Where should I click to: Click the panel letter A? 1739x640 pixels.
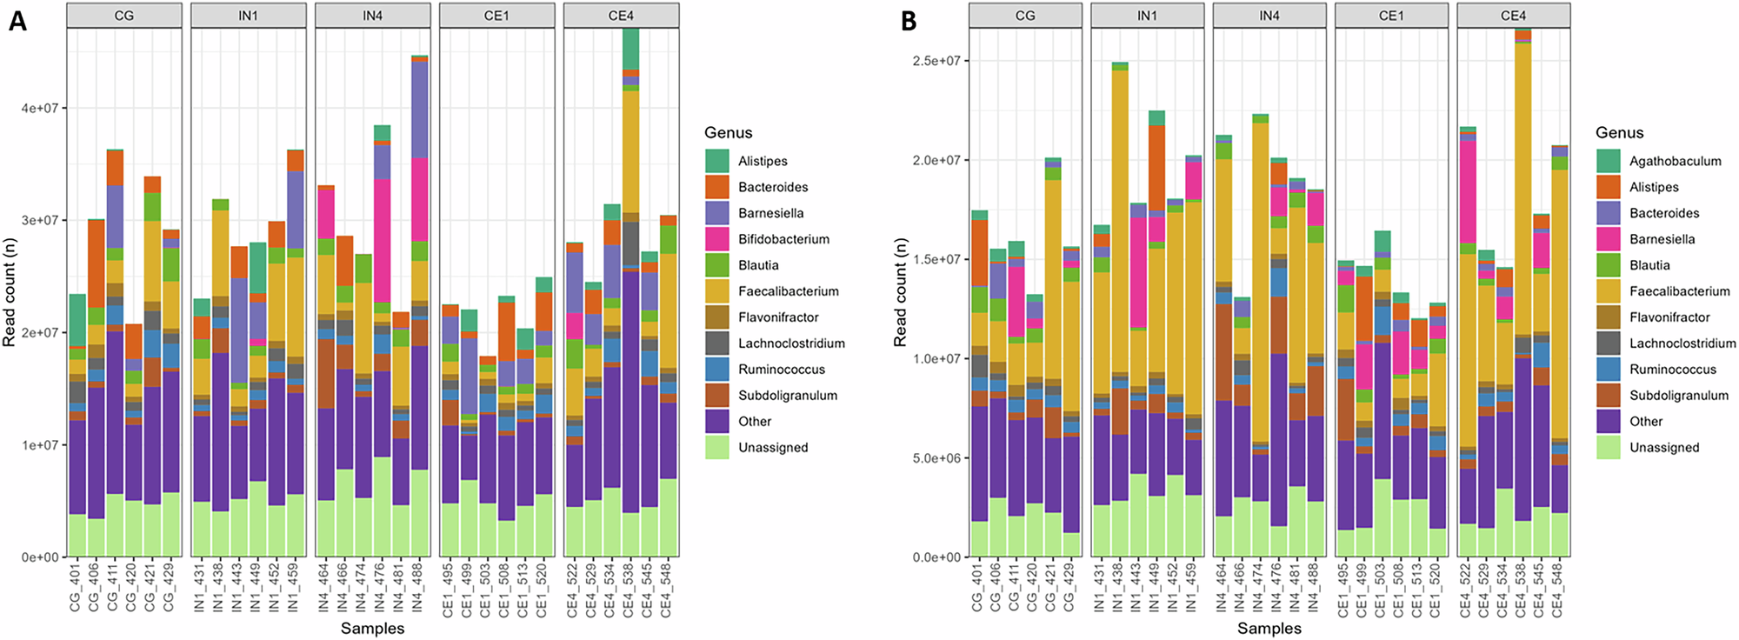pos(17,21)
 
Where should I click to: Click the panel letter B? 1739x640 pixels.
pos(909,21)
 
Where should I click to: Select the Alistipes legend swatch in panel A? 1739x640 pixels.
pos(716,161)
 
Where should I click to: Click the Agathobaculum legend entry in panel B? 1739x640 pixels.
pos(1675,161)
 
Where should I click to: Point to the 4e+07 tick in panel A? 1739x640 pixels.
pos(39,108)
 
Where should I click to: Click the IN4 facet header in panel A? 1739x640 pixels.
pos(372,16)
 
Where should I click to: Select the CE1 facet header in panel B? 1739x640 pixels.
pos(1391,16)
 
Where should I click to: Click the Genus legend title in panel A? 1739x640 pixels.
pos(728,133)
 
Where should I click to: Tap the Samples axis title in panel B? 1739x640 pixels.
pos(1269,628)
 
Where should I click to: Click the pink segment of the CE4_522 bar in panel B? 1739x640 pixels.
pos(1468,191)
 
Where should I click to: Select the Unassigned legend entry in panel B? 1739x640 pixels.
pos(1663,447)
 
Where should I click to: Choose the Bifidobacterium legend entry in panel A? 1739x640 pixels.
pos(783,239)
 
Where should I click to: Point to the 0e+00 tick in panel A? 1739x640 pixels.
pos(39,557)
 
